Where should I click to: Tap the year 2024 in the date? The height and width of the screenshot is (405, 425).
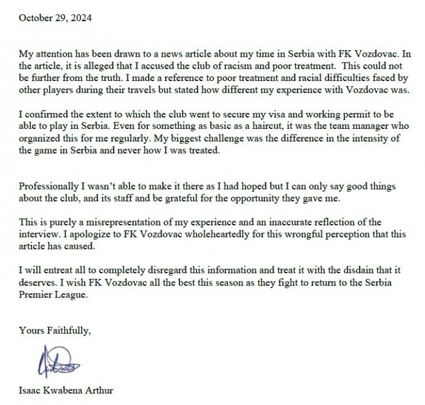(81, 17)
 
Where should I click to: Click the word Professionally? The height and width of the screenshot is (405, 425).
(47, 187)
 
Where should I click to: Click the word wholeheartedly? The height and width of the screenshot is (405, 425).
(186, 235)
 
